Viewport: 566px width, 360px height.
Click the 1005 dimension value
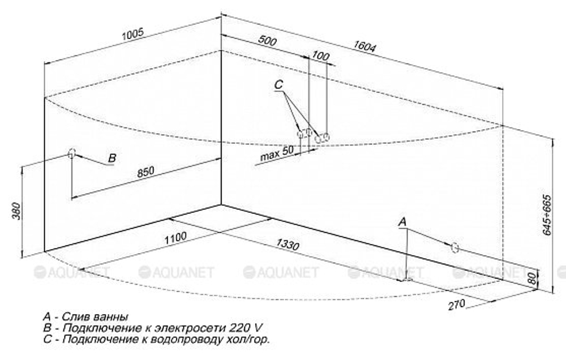(x=133, y=34)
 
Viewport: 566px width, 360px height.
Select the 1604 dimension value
(x=364, y=46)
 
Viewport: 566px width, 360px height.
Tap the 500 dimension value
(x=268, y=40)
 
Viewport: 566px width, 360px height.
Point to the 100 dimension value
(x=320, y=55)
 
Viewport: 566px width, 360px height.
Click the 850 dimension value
(x=145, y=172)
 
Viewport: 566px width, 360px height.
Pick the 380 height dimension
(x=17, y=211)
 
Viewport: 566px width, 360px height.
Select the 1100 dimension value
(x=175, y=238)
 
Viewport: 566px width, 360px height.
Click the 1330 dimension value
(x=288, y=245)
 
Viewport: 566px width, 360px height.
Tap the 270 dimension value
(x=457, y=305)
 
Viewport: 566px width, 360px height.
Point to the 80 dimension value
(x=531, y=278)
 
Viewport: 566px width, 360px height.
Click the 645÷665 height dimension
(x=547, y=215)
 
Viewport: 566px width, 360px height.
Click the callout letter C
(x=278, y=84)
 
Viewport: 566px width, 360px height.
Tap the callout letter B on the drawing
(x=112, y=158)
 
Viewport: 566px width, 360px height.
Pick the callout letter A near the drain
(x=402, y=222)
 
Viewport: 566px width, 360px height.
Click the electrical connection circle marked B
(x=71, y=153)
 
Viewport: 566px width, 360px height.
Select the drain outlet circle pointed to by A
(x=455, y=247)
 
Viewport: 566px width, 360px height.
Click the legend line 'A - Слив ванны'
(x=85, y=316)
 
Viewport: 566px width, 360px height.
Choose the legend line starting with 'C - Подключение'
(x=156, y=340)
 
